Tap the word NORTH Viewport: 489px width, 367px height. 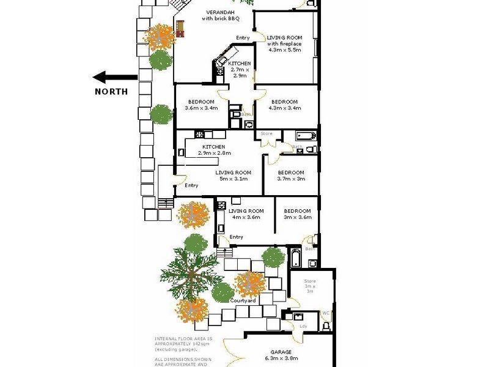(111, 92)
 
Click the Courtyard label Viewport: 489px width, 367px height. (243, 300)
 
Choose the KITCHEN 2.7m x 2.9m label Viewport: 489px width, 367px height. (239, 70)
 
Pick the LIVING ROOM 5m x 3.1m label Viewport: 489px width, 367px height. (233, 176)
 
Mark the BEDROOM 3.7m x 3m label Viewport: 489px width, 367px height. (291, 176)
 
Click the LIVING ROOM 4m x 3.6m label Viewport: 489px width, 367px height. (246, 214)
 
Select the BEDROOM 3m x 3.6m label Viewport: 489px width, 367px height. (297, 214)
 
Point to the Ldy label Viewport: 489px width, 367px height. (303, 325)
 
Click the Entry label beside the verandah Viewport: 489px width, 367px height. (243, 39)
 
